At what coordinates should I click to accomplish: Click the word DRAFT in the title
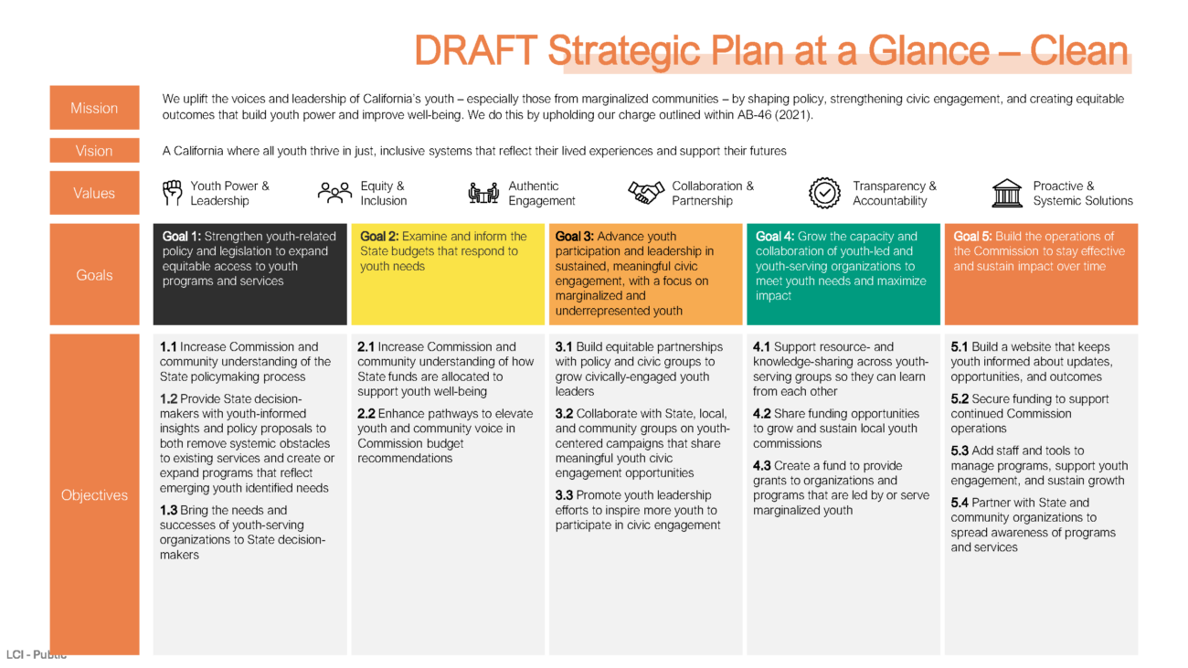pos(475,51)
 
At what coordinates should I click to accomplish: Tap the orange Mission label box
pos(94,108)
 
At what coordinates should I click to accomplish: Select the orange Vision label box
pos(94,151)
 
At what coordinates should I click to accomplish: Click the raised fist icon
pos(173,193)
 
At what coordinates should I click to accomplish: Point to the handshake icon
pos(646,193)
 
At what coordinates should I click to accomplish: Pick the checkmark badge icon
pos(824,193)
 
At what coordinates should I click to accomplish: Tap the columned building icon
pos(1007,193)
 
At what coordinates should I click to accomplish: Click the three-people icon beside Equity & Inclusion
pos(334,193)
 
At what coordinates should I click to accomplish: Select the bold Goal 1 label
pos(181,237)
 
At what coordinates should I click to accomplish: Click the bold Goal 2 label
pos(379,237)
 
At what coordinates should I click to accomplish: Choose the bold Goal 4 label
pos(775,237)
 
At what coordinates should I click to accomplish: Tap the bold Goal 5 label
pos(972,237)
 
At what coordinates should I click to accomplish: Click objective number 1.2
pos(169,398)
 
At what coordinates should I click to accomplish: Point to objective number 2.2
pos(366,414)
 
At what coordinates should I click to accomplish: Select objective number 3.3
pos(565,495)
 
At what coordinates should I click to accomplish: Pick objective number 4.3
pos(761,465)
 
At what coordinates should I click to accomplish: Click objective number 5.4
pos(960,503)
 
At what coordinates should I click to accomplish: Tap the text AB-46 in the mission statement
pos(754,115)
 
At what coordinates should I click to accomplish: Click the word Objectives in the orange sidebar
pos(94,495)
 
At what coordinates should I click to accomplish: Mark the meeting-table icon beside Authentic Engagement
pos(483,193)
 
